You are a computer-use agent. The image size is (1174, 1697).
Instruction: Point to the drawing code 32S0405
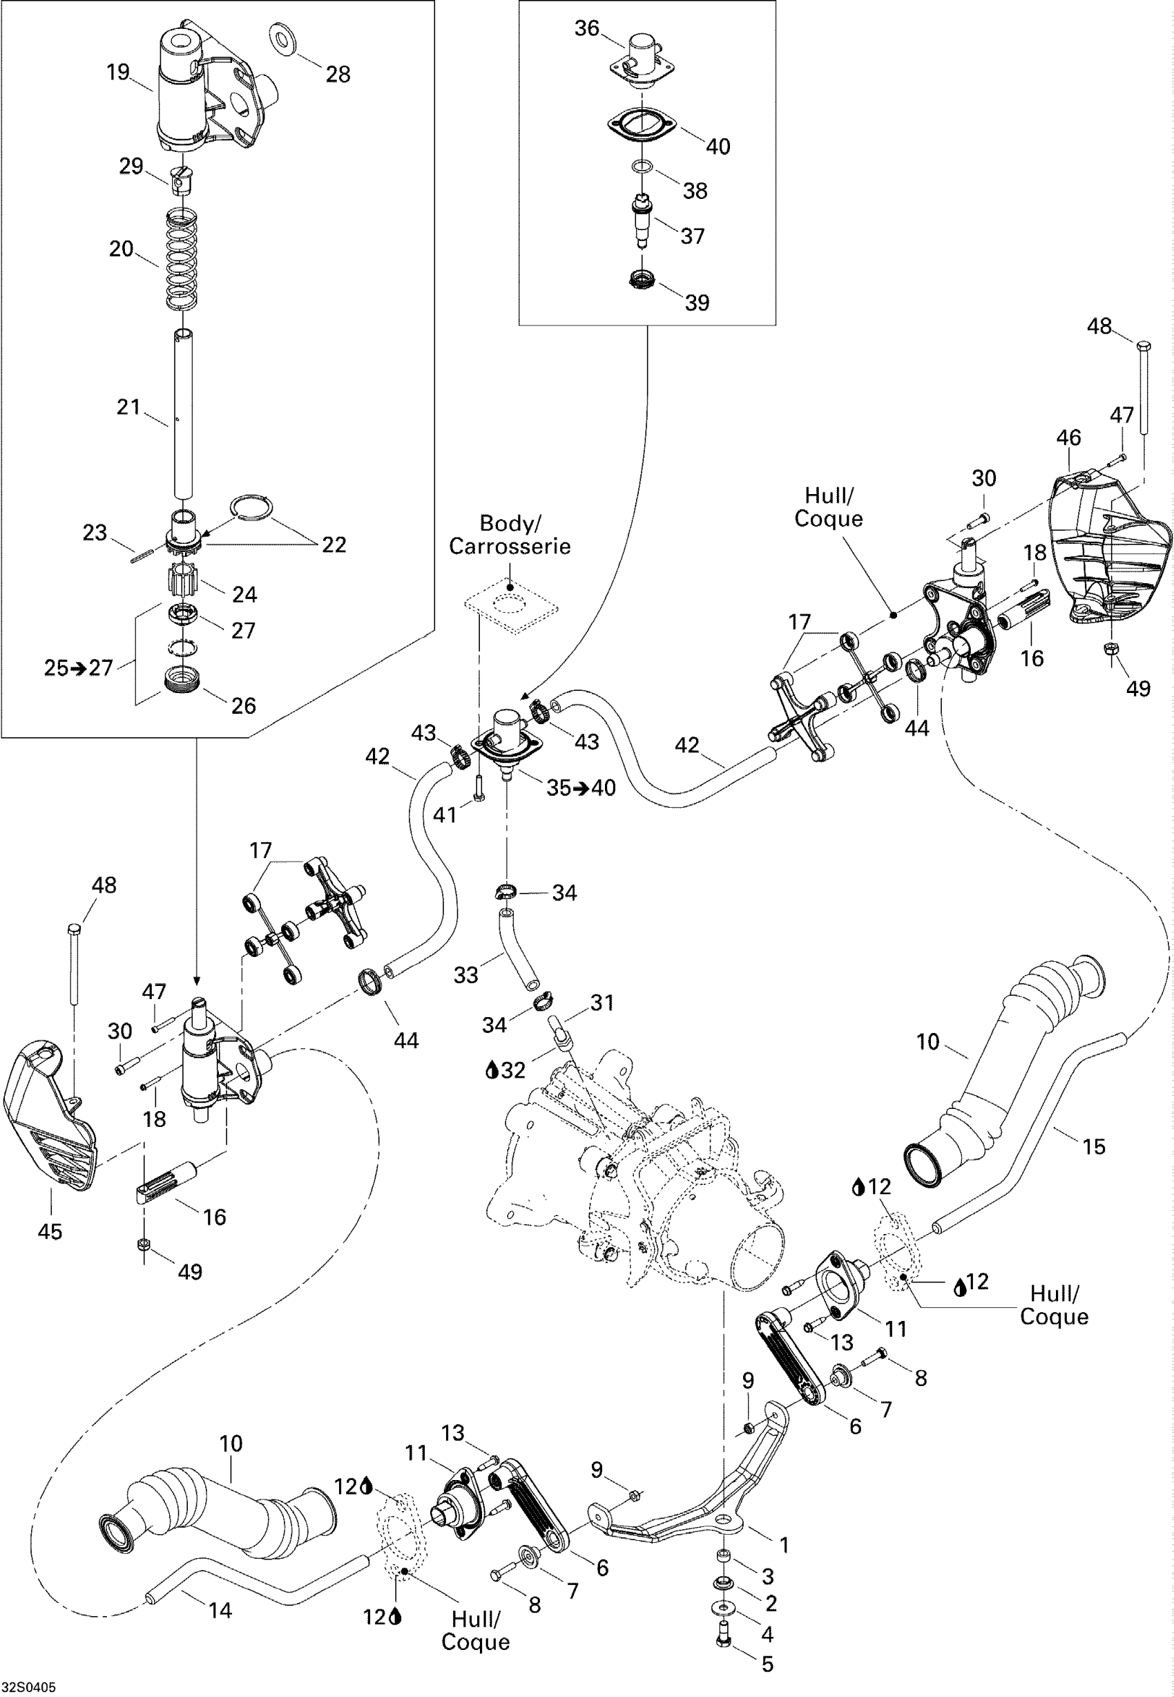[x=29, y=1686]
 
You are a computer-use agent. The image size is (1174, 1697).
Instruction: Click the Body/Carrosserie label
[x=510, y=535]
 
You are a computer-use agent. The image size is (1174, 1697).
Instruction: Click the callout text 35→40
[x=581, y=788]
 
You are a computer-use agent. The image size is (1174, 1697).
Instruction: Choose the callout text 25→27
[x=78, y=667]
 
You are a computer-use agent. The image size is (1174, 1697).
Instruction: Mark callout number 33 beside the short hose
[x=465, y=974]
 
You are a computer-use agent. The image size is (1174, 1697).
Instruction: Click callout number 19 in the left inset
[x=117, y=72]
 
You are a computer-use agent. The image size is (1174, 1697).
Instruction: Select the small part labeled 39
[x=642, y=279]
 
